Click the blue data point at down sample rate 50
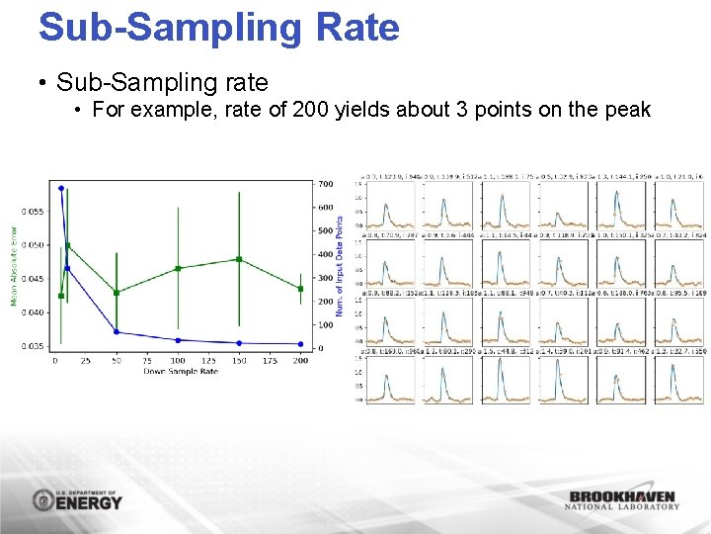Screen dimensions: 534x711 coord(117,331)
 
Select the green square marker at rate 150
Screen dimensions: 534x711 coord(239,259)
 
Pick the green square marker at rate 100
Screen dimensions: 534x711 coord(178,268)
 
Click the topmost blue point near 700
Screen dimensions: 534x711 coord(61,188)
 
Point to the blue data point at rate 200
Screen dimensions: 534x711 coord(300,343)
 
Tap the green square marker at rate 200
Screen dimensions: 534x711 coord(300,289)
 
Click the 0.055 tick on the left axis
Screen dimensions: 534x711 coord(34,212)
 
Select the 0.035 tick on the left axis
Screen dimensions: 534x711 coord(34,346)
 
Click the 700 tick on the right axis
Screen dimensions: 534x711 coord(325,184)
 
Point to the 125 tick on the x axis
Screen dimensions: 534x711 coord(208,361)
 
